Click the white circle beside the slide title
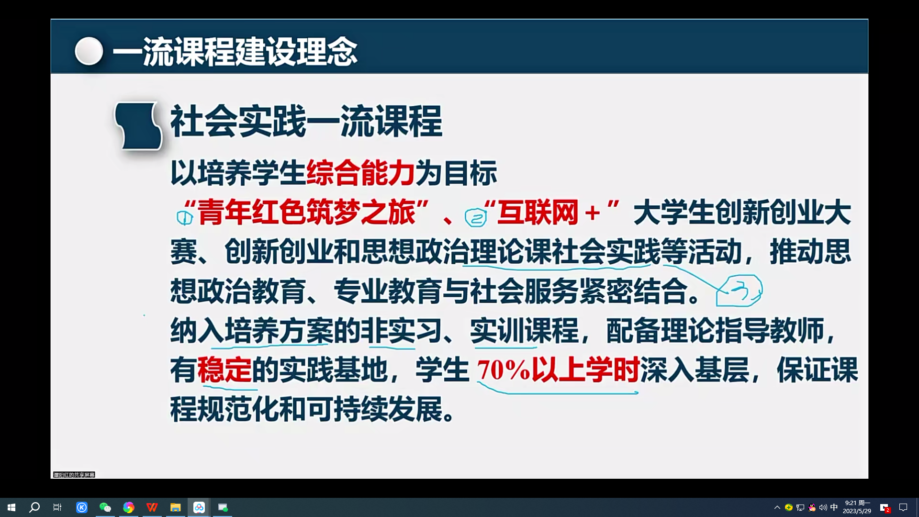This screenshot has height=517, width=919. click(x=89, y=51)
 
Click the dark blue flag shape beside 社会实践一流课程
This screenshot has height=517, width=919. click(x=138, y=125)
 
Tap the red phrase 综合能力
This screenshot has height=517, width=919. click(x=360, y=173)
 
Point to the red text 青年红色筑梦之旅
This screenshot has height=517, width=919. click(x=306, y=213)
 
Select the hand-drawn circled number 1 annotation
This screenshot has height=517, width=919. click(x=184, y=218)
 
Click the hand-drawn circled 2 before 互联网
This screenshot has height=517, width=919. click(x=476, y=218)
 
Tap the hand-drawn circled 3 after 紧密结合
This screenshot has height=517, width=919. click(x=739, y=291)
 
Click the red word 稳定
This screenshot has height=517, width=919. click(x=224, y=370)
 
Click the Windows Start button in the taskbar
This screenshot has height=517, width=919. click(x=11, y=507)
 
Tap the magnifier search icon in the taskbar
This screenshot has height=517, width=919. click(x=34, y=507)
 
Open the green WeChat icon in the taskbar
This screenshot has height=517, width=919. click(x=105, y=507)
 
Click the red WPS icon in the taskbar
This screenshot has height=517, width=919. click(x=152, y=507)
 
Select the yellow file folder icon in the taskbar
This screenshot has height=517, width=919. click(x=175, y=507)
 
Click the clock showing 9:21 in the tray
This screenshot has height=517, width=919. click(x=857, y=507)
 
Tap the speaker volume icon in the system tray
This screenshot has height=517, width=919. click(x=823, y=507)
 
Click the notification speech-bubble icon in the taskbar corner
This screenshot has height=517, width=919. click(x=903, y=507)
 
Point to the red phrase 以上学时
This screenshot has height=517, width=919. click(x=586, y=370)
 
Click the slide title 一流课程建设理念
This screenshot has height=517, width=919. click(x=235, y=52)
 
